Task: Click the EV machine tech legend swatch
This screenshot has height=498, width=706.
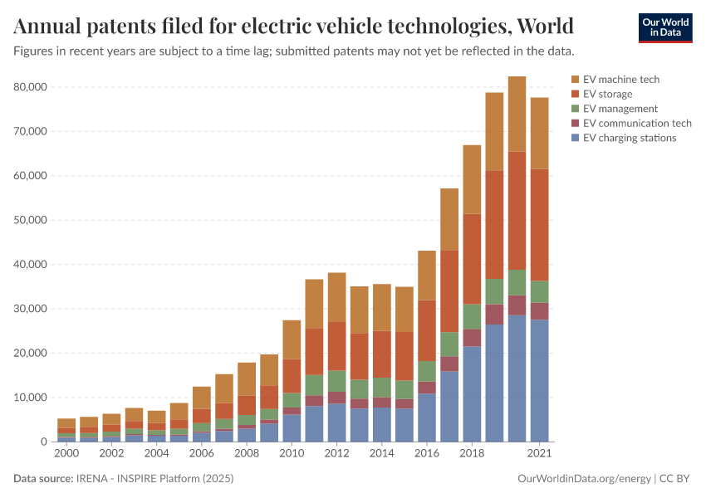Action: tap(575, 80)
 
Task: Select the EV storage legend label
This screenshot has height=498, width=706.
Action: tap(607, 95)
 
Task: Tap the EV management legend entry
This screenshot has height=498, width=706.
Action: tap(620, 109)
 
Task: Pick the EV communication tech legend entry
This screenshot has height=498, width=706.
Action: tap(637, 124)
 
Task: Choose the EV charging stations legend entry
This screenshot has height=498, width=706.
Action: tap(630, 138)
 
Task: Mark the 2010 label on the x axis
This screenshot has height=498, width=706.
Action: tap(292, 454)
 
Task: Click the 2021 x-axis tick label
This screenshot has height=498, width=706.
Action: tap(540, 454)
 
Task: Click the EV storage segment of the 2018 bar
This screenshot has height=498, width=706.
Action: tap(473, 259)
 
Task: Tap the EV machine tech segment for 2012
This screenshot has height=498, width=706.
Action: tap(336, 297)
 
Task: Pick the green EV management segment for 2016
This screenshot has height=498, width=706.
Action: tap(427, 371)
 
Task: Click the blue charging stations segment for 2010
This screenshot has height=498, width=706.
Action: tap(292, 427)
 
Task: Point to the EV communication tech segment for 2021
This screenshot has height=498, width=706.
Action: tap(540, 311)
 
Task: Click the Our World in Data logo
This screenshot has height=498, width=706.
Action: tap(664, 27)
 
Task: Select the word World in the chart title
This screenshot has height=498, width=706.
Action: tap(545, 27)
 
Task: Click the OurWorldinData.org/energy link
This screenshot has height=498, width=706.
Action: tap(584, 479)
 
